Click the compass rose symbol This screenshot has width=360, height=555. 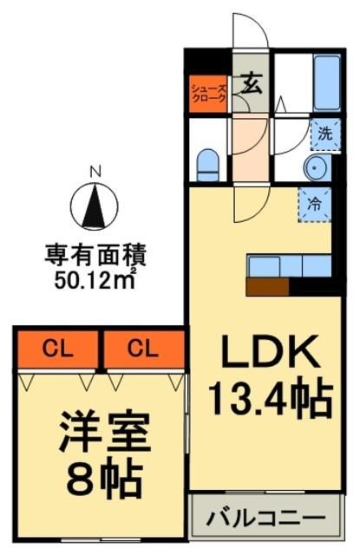click(97, 205)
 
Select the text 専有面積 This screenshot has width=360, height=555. click(95, 256)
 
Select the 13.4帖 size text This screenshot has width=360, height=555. click(269, 400)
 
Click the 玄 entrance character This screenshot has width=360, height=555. click(252, 84)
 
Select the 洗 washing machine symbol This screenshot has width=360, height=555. click(324, 134)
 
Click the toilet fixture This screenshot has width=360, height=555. click(208, 165)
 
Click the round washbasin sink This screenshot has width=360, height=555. click(313, 166)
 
